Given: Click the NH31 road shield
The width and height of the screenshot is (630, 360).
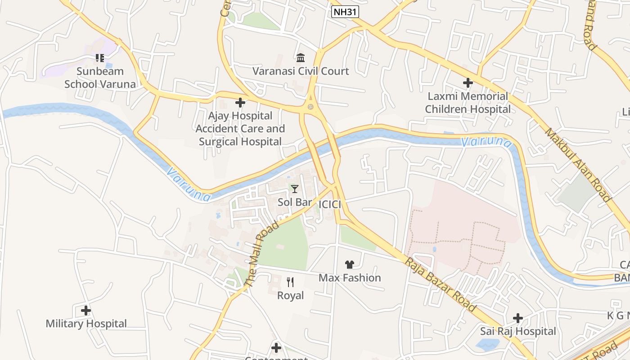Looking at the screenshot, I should coord(345,12).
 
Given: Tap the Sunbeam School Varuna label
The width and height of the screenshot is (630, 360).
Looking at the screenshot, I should coord(100,77).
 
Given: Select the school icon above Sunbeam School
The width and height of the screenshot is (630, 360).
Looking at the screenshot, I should coord(100,58).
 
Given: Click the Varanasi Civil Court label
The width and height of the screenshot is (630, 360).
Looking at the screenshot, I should coord(301,71).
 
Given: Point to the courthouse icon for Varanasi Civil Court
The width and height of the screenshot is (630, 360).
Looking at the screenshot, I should coord(301,58).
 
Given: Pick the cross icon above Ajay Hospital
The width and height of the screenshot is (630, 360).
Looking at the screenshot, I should coord(240,103).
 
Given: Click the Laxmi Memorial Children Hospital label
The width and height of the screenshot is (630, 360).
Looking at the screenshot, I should coord(468,103).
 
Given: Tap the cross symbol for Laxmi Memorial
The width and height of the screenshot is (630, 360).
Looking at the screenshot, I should coord(468,83).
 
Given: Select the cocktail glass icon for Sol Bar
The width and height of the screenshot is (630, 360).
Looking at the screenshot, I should coord(295,189).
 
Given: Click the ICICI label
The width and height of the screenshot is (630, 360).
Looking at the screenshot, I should coord(329,205).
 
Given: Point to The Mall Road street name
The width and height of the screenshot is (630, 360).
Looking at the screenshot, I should coord(261,254).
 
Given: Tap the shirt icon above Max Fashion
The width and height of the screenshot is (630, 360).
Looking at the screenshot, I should coord(350,265).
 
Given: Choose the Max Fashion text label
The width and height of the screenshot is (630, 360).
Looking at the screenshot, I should coord(350,278).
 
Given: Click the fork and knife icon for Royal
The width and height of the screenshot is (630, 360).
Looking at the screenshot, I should coord(290,282).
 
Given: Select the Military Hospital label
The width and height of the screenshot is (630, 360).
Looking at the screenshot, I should coord(86,324).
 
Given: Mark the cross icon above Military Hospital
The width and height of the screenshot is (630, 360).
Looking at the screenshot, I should coord(86,310).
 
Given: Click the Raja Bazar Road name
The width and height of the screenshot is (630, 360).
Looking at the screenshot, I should coord(440,284).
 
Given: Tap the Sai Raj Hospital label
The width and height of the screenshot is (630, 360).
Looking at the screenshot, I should coord(518,331).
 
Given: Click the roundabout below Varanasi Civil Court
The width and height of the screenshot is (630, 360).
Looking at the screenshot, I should coord(310,107).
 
